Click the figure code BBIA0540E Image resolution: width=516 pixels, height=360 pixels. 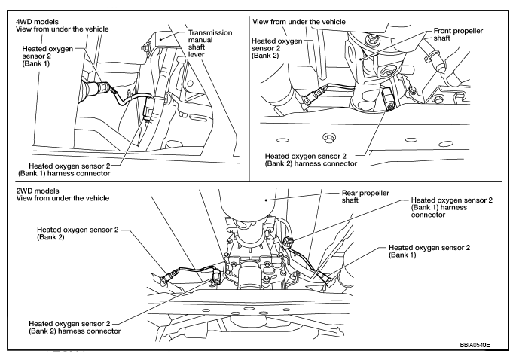click(475, 345)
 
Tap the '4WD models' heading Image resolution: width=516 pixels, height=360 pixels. click(37, 22)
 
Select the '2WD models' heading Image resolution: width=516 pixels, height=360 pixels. click(38, 191)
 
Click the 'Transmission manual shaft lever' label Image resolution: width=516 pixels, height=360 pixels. click(210, 44)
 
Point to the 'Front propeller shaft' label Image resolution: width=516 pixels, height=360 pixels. click(458, 35)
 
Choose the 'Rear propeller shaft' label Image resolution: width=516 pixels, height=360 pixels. click(365, 197)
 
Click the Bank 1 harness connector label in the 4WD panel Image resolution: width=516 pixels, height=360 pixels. click(64, 169)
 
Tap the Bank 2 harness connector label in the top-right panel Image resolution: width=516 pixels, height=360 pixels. click(310, 160)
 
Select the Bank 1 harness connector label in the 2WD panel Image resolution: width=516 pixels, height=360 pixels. click(451, 207)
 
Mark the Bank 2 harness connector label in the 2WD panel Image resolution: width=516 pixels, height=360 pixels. click(75, 328)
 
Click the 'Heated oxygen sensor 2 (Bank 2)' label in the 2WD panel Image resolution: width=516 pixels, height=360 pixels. click(78, 233)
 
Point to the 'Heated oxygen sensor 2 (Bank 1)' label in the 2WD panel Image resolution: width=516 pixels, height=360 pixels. click(429, 251)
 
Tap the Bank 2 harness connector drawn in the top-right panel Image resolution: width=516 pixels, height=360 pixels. click(388, 99)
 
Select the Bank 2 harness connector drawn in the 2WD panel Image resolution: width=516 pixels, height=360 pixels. click(217, 276)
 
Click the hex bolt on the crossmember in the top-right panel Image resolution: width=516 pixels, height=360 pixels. click(328, 138)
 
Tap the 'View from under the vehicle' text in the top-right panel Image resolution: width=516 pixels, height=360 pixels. click(299, 22)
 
